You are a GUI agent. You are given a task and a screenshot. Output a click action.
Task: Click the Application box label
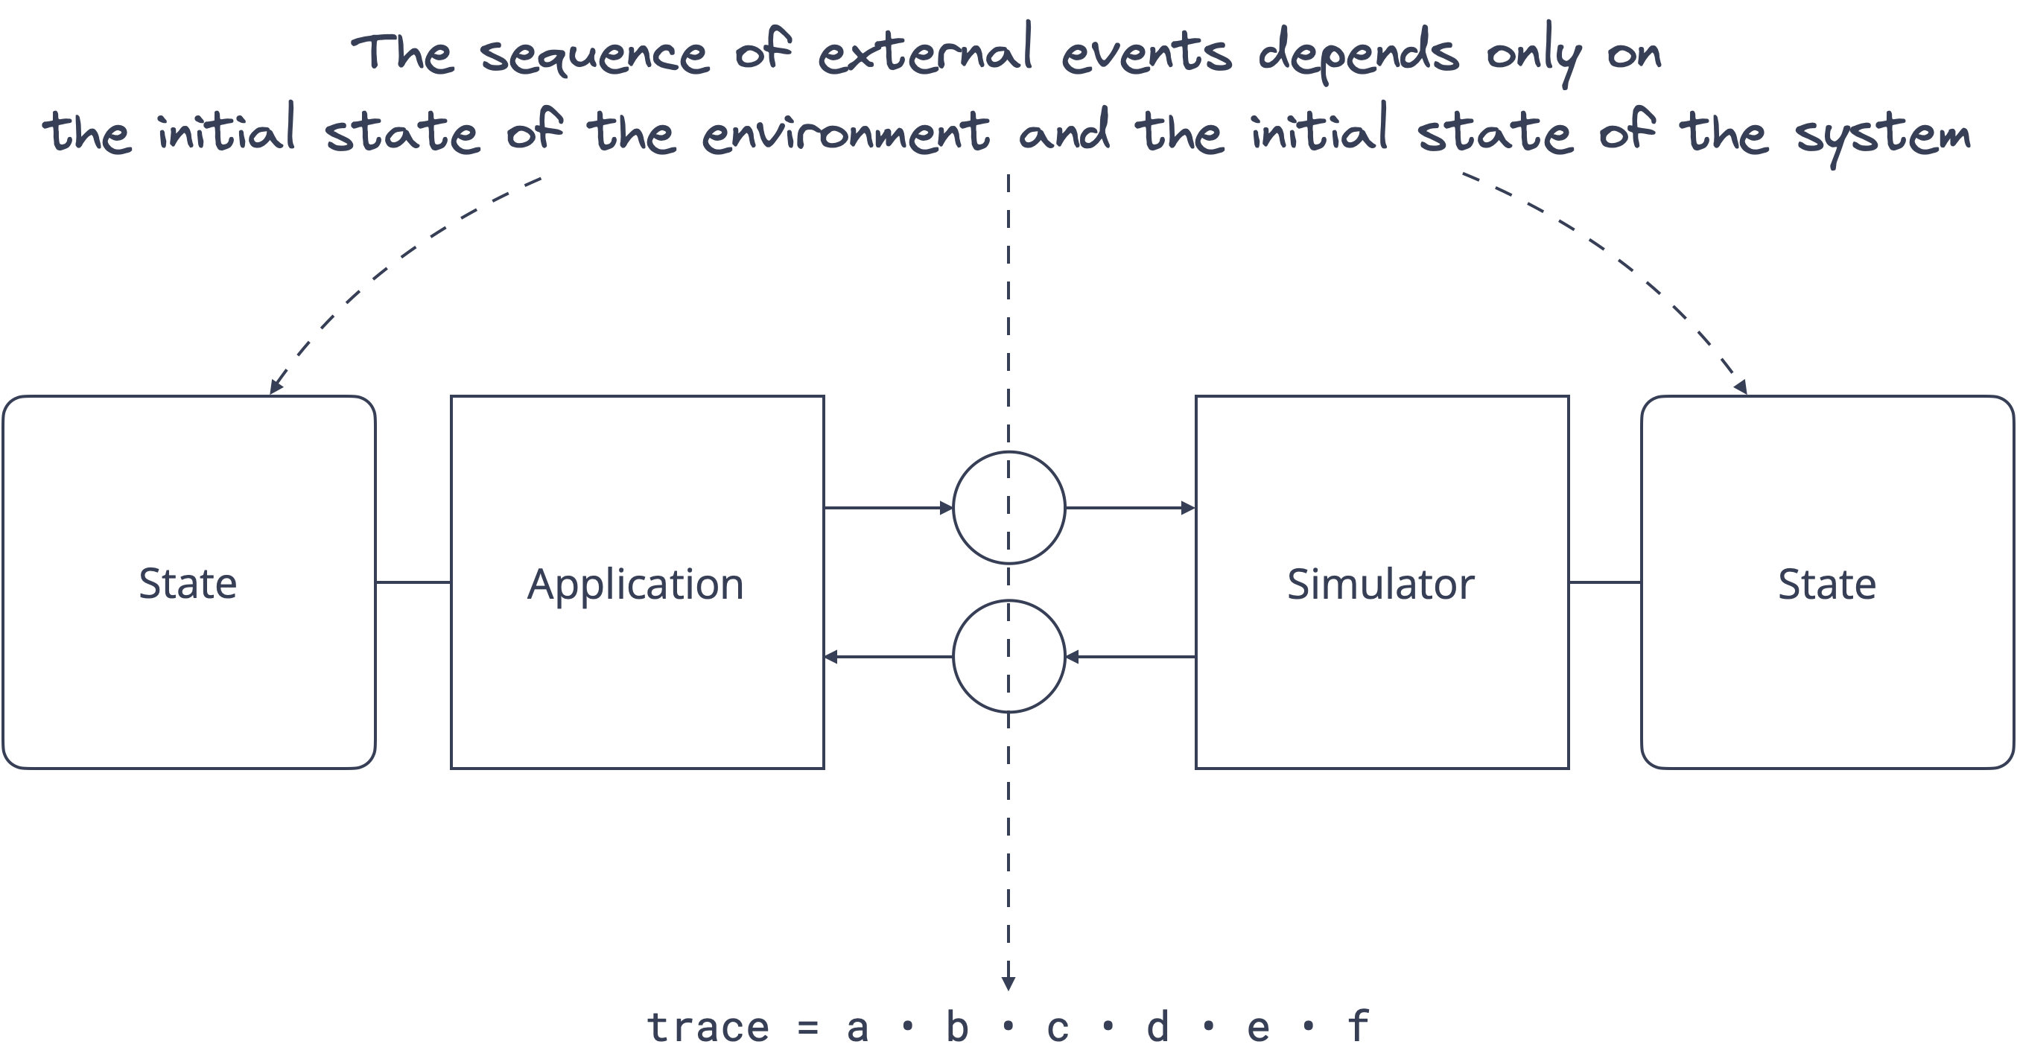point(635,584)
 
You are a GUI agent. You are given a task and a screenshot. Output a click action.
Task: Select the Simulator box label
point(1380,584)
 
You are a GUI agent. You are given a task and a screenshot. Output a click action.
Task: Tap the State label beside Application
point(188,584)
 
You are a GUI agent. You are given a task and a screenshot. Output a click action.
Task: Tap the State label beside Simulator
point(1827,584)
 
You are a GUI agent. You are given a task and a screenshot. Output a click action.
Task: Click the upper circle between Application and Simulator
point(1008,508)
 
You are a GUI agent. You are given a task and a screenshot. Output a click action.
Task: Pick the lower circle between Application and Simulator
point(1008,656)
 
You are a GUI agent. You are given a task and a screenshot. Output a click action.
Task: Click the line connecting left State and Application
point(413,582)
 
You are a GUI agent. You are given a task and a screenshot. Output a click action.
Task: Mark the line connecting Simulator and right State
point(1604,582)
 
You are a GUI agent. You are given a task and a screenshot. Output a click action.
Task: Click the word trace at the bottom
point(708,1028)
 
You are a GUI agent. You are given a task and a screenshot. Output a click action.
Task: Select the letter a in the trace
point(857,1028)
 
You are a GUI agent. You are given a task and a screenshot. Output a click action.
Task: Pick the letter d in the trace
point(1157,1027)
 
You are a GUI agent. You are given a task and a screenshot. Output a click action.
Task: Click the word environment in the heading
point(845,133)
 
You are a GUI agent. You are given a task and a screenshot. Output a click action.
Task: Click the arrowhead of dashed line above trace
point(1008,983)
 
